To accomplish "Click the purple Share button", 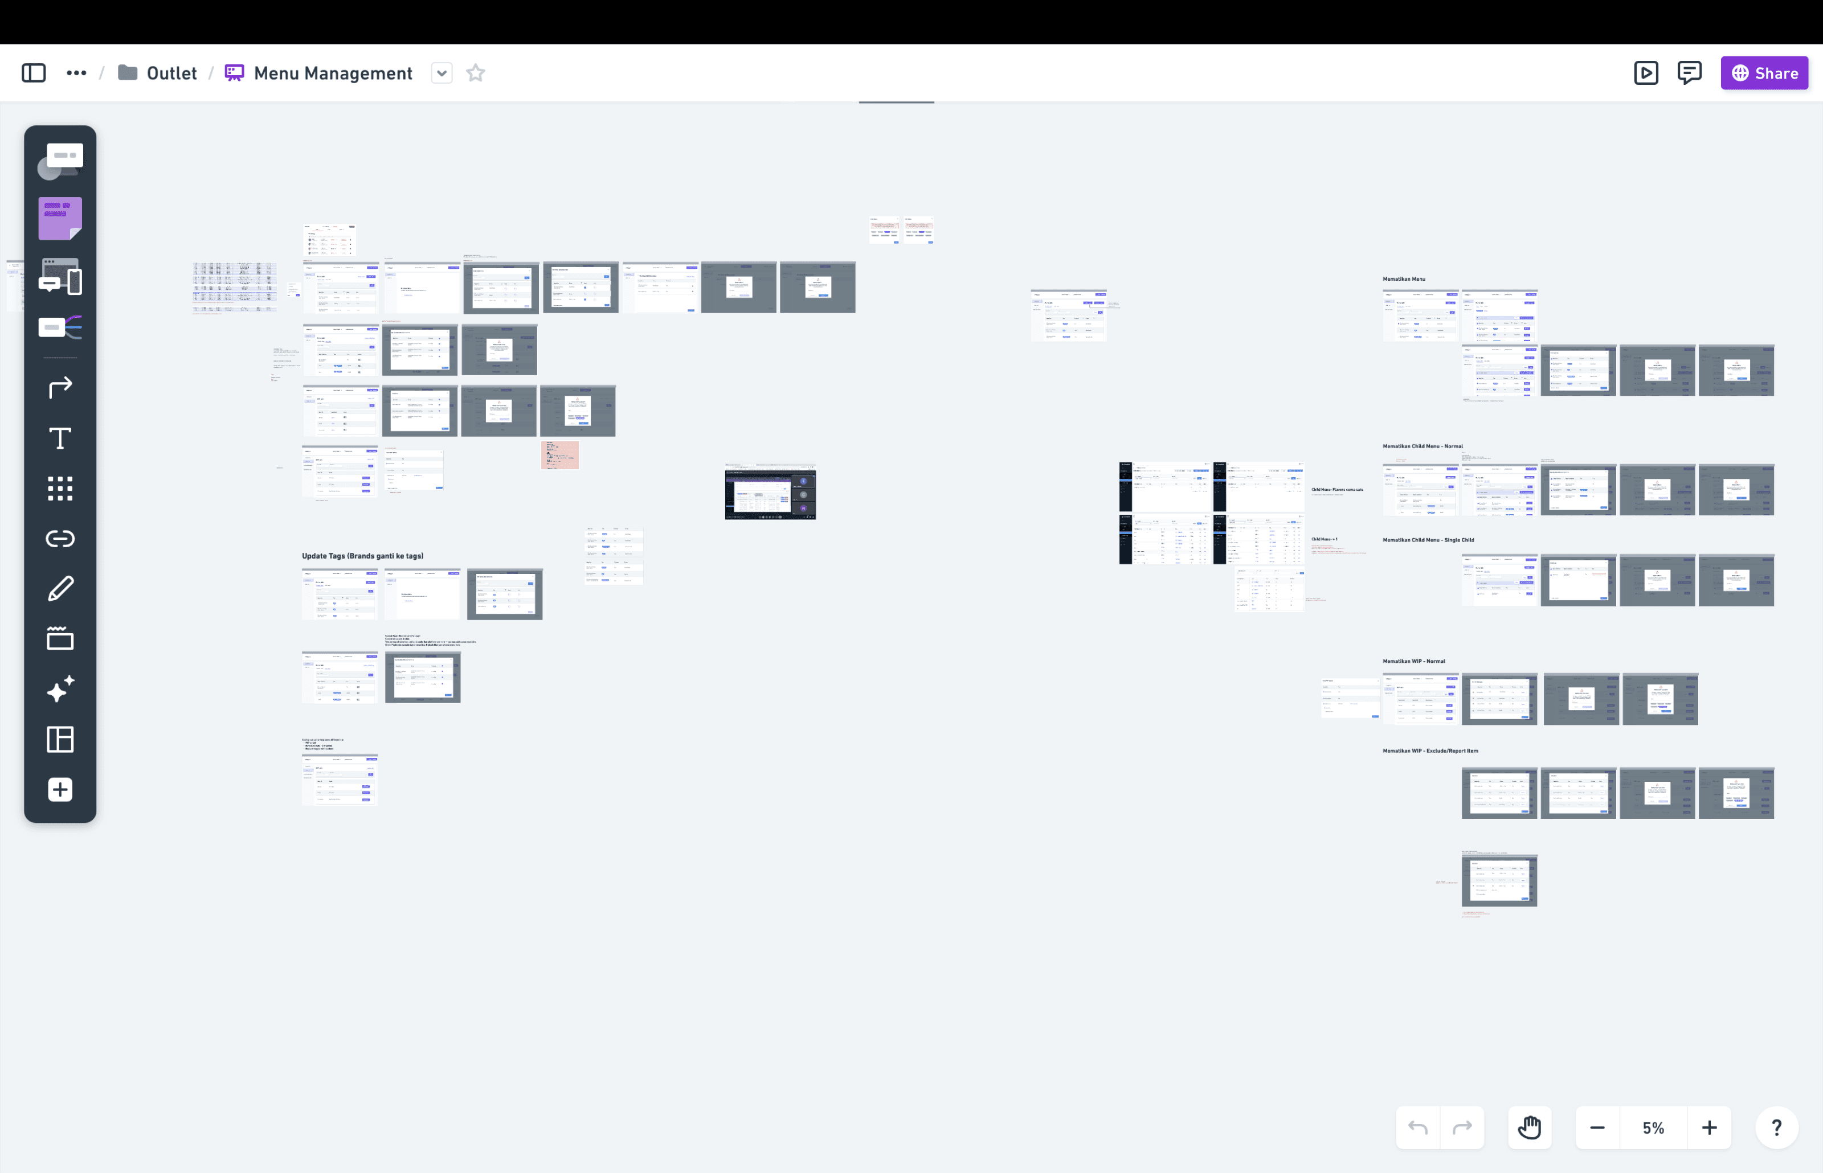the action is click(x=1764, y=73).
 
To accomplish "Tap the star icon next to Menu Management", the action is click(x=475, y=73).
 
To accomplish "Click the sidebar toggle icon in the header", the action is click(x=34, y=73).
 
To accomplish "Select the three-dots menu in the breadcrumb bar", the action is click(x=76, y=73).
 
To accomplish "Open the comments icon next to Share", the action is click(x=1689, y=73).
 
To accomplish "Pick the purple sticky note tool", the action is click(x=60, y=219).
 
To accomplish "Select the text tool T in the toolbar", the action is click(x=60, y=438).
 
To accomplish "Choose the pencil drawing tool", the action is click(x=60, y=588).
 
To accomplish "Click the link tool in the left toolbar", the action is click(x=60, y=539).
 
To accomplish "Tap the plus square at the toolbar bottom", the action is click(x=60, y=789).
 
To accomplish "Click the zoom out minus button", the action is click(x=1597, y=1127).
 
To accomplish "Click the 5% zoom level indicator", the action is click(x=1653, y=1127).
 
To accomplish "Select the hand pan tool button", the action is click(x=1529, y=1127).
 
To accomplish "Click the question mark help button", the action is click(x=1776, y=1127).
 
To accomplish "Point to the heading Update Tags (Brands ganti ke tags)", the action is click(x=363, y=556).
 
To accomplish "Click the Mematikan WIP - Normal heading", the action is click(x=1414, y=661).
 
